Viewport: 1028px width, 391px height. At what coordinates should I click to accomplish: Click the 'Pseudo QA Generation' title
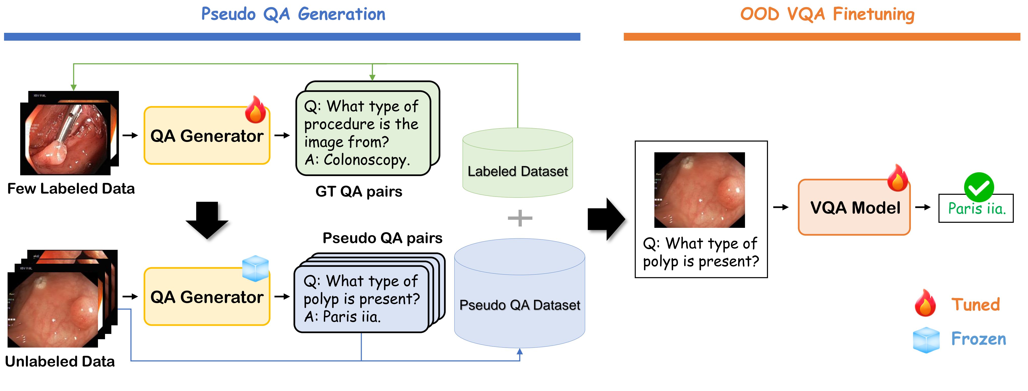pos(293,14)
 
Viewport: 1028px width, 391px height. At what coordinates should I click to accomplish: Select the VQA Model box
pos(854,208)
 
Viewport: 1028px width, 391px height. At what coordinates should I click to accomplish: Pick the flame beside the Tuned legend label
pos(925,304)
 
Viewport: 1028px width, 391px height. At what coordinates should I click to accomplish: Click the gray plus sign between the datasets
pos(520,218)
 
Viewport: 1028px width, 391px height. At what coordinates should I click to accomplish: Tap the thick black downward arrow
pos(207,220)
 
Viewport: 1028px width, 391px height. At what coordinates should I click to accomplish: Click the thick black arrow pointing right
pos(606,219)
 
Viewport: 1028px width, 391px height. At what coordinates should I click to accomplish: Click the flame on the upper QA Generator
pos(255,110)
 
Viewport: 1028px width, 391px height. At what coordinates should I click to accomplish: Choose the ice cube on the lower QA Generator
pos(255,268)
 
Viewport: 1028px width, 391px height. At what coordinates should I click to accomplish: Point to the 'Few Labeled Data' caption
pos(71,188)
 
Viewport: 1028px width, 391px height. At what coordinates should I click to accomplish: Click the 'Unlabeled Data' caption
pos(60,361)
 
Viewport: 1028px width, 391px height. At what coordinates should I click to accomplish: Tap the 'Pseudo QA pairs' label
pos(382,238)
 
